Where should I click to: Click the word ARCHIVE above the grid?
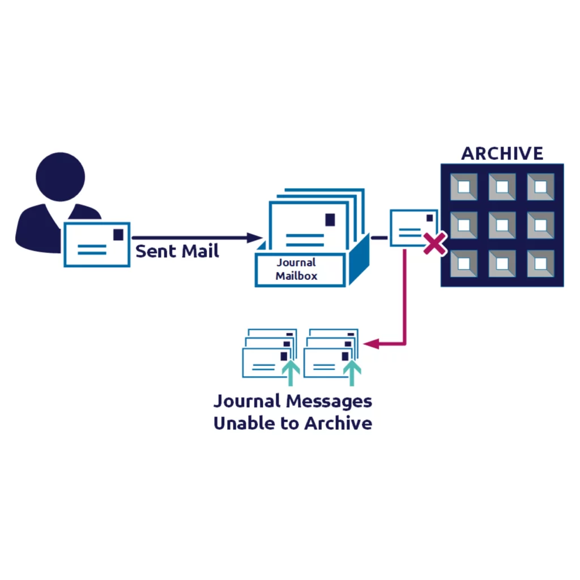click(x=502, y=153)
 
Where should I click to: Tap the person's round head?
click(x=60, y=177)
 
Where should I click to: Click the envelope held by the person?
click(x=97, y=244)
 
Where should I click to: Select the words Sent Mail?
click(x=177, y=251)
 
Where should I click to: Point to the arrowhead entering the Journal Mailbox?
click(x=255, y=238)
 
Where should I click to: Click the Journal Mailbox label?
click(x=296, y=270)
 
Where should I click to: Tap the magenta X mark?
click(x=434, y=244)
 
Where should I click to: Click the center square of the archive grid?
click(x=502, y=225)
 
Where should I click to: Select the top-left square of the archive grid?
click(x=464, y=187)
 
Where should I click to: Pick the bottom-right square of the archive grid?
click(x=540, y=263)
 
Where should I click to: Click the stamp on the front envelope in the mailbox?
click(x=329, y=219)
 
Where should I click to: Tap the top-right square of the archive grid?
click(x=540, y=187)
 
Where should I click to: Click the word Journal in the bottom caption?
click(x=247, y=402)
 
